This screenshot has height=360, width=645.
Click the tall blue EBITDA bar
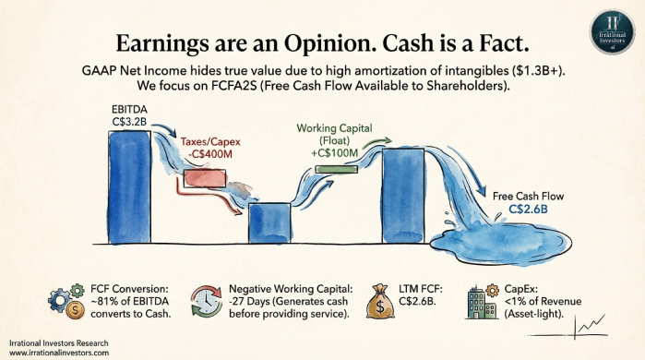(x=129, y=187)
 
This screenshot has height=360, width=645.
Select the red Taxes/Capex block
(x=205, y=178)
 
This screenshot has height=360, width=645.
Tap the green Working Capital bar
(x=337, y=169)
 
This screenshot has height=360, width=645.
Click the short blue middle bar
(x=269, y=223)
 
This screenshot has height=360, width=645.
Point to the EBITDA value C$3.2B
(x=129, y=122)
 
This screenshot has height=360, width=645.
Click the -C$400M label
(x=209, y=154)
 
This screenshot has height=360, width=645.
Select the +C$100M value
(x=334, y=153)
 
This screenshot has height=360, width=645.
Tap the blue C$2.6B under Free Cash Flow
(x=528, y=210)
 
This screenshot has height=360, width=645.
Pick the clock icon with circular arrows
(x=207, y=301)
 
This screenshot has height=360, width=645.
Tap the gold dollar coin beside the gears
(x=75, y=309)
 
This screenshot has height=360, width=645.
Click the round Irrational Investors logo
(x=612, y=31)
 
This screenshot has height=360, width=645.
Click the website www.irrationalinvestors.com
(x=59, y=353)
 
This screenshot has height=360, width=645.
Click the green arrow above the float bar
(x=376, y=143)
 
